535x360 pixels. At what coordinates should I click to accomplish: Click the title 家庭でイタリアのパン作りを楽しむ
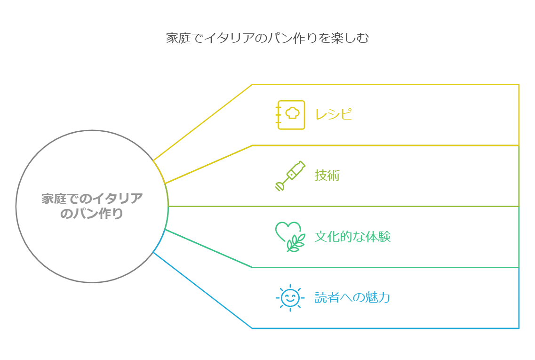[x=267, y=38]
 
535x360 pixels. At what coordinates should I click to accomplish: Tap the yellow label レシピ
[x=333, y=114]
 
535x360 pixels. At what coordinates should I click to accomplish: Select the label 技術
[x=327, y=176]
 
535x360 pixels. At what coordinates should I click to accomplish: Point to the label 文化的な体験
[x=352, y=236]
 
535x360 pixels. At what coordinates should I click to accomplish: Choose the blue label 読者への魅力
[x=352, y=297]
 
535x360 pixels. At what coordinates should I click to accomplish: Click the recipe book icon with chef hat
[x=290, y=114]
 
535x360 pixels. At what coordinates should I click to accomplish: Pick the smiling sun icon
[x=290, y=297]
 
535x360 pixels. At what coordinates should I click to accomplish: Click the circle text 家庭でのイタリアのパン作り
[x=92, y=206]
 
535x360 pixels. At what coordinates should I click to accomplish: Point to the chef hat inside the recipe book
[x=292, y=113]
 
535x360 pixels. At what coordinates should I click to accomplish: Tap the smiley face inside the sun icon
[x=290, y=297]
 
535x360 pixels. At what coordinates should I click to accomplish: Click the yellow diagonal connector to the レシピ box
[x=202, y=122]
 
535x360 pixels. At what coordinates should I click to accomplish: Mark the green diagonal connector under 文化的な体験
[x=209, y=249]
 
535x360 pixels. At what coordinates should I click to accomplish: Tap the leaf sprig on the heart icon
[x=295, y=244]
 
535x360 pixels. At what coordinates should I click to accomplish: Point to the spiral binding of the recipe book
[x=278, y=114]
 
